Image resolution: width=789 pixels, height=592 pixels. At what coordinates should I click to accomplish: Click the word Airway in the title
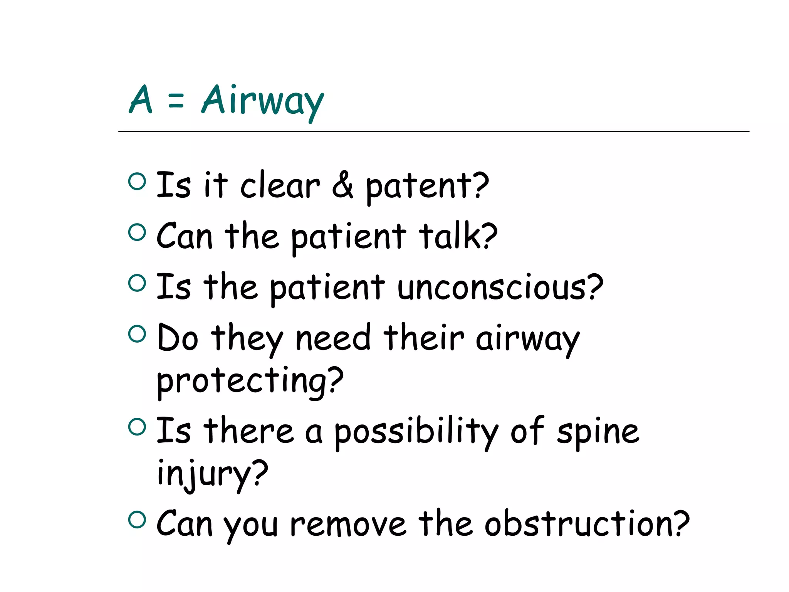263,101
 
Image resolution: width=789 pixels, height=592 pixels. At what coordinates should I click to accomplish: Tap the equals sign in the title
176,101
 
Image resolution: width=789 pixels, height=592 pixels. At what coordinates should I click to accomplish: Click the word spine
598,432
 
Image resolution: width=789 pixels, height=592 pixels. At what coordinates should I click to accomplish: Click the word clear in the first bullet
280,186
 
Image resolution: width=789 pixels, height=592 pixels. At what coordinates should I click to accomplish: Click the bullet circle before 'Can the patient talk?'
137,232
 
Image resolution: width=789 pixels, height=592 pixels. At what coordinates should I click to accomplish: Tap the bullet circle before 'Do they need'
137,334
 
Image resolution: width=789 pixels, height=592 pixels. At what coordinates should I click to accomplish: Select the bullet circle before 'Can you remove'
137,519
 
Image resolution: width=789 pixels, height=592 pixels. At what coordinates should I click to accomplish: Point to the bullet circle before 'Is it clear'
137,181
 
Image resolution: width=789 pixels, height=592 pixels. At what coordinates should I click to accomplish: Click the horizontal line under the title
433,132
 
